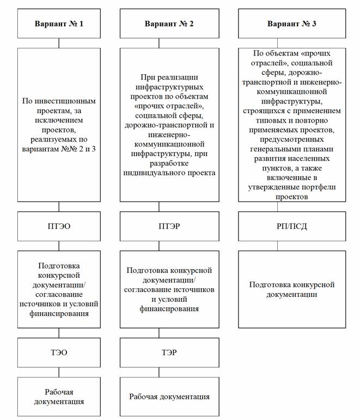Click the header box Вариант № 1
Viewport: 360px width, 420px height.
pos(59,24)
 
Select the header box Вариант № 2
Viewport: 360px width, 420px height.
pos(169,24)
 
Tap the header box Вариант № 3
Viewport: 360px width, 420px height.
pos(291,24)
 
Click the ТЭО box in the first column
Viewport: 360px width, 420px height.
pos(59,352)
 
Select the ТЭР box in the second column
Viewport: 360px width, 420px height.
pos(169,352)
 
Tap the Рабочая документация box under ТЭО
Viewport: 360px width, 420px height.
pos(59,397)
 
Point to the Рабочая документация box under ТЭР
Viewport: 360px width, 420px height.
pos(169,397)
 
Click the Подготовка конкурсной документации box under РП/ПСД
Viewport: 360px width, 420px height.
pos(291,289)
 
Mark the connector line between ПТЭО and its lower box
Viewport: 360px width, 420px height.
pos(59,245)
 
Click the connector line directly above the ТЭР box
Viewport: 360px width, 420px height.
pos(169,333)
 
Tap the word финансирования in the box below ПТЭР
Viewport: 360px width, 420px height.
pos(169,309)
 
